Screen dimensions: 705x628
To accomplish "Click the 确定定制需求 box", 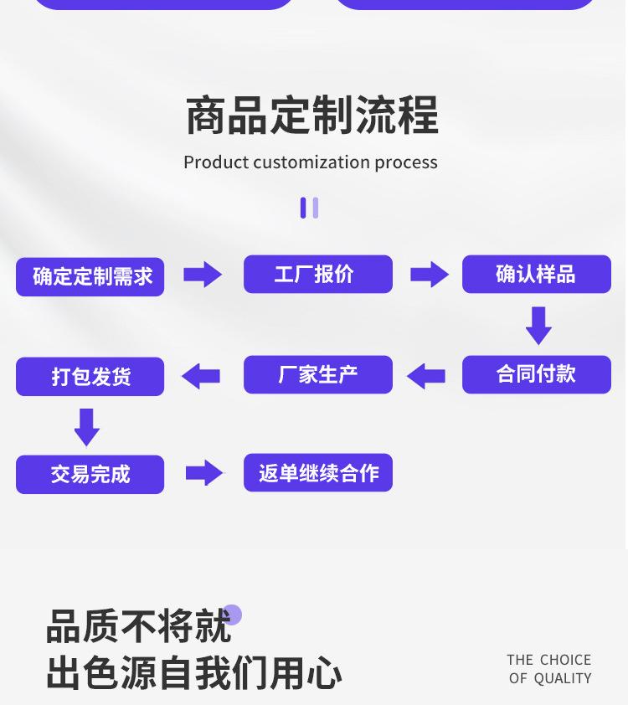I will (90, 276).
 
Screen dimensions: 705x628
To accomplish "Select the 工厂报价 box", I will (317, 274).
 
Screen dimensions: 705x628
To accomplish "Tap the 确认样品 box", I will (536, 274).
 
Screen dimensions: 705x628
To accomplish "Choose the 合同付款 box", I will (536, 374).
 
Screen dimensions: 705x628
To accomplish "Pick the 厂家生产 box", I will (317, 374).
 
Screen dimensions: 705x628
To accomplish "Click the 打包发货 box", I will (90, 376).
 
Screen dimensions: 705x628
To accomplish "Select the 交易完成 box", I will (90, 475).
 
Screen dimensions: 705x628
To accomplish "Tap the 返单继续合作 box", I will (317, 473).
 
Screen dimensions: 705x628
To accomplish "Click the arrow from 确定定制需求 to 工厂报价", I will (203, 275).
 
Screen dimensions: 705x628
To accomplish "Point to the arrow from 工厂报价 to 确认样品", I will (430, 275).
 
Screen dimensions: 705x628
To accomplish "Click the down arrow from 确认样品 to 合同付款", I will (538, 325).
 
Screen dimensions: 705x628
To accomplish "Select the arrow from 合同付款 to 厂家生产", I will (426, 376).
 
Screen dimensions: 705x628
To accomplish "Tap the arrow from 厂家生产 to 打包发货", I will (201, 376).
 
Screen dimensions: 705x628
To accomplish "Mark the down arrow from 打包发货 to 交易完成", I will (87, 427).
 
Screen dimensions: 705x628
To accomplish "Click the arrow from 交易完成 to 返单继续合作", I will (204, 473).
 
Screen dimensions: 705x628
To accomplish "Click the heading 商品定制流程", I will (311, 116).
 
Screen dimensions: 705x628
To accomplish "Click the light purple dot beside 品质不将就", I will (232, 615).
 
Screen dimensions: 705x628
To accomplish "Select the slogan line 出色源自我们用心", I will (194, 673).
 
